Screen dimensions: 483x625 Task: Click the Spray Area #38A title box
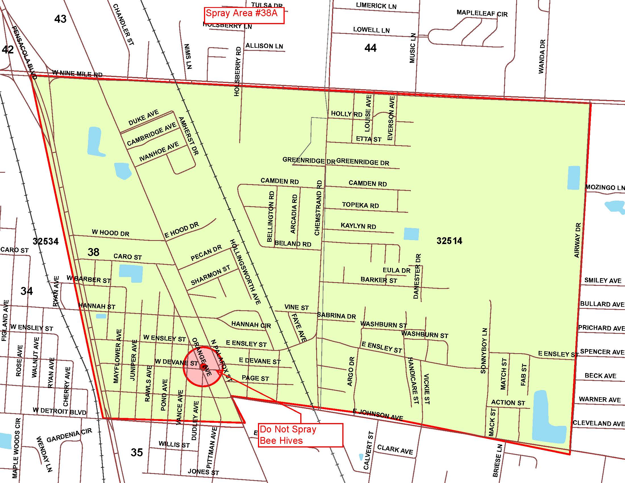[243, 15]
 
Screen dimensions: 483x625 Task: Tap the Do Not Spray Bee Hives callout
[301, 435]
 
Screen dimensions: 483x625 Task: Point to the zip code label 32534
[45, 241]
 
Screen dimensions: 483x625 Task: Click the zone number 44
[370, 48]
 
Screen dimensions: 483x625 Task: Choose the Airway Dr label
[578, 240]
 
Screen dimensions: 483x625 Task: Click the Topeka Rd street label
[360, 205]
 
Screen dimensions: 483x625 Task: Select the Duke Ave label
[143, 118]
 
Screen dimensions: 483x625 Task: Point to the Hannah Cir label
[251, 324]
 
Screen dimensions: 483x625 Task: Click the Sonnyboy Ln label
[484, 351]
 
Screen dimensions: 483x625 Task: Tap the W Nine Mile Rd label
[77, 74]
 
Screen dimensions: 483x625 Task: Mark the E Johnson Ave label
[378, 415]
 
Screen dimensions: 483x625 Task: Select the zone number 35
[137, 452]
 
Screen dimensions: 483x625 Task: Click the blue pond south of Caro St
[131, 273]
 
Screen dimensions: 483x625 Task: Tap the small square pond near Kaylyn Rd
[411, 234]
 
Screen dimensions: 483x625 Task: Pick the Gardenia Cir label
[69, 435]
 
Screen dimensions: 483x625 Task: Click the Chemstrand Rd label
[318, 208]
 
